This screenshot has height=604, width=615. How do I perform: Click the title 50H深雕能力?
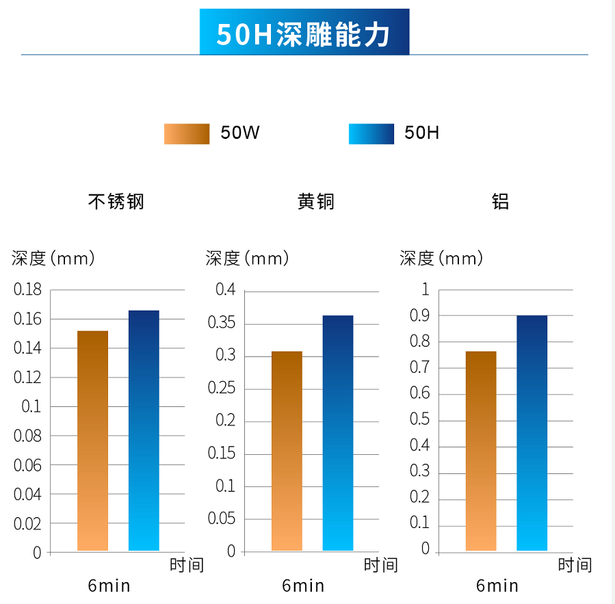point(304,33)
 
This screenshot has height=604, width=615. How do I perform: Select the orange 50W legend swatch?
point(186,133)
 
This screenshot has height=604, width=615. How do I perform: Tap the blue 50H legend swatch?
point(371,133)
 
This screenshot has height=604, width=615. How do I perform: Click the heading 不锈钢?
point(116,202)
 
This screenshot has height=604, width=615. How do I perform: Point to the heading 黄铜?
point(315,202)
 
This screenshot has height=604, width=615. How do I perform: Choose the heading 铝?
point(500,202)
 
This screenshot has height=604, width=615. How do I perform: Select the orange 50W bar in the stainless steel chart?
point(92,441)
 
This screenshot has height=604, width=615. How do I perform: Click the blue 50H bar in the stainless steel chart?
point(144,430)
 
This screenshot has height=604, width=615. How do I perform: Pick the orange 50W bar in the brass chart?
point(287,451)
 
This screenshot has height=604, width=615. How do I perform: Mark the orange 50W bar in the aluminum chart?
point(481,451)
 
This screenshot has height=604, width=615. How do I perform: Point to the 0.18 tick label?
point(27,290)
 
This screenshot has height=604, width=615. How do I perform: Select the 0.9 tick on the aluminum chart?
point(419,316)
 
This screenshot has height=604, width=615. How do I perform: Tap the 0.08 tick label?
point(27,436)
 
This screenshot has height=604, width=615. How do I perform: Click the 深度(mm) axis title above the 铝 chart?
point(441,259)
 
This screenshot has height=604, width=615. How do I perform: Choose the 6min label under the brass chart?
point(303,586)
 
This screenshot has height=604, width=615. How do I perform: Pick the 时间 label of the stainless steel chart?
point(187,565)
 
